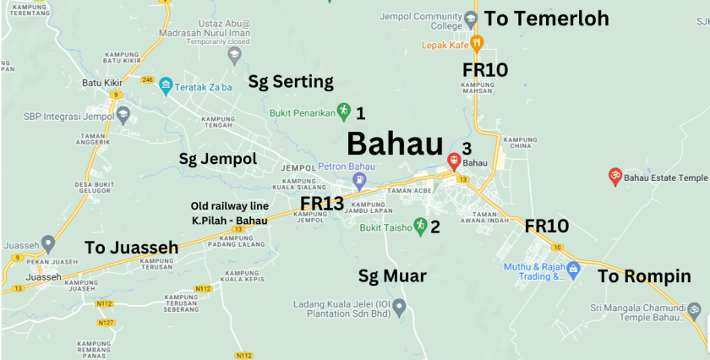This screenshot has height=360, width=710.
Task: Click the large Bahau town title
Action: pyautogui.click(x=396, y=141)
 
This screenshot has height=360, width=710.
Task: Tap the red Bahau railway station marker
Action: pyautogui.click(x=454, y=161)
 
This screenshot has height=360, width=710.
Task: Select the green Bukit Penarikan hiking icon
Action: pyautogui.click(x=344, y=111)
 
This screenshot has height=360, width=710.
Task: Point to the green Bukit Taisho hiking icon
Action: pyautogui.click(x=419, y=225)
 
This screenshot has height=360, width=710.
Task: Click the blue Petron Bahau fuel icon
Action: pyautogui.click(x=359, y=179)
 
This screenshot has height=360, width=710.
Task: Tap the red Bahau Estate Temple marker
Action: pyautogui.click(x=615, y=176)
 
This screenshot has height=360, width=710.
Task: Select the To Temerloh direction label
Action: pyautogui.click(x=546, y=19)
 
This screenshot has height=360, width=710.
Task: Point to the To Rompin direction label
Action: pyautogui.click(x=644, y=276)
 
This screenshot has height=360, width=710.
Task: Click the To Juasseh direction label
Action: pyautogui.click(x=133, y=248)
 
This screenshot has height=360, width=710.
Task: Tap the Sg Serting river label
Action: pyautogui.click(x=291, y=82)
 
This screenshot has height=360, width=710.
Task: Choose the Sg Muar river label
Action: pyautogui.click(x=392, y=275)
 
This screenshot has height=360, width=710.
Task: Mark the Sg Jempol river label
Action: pyautogui.click(x=218, y=159)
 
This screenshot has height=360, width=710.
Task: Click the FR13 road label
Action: pyautogui.click(x=322, y=203)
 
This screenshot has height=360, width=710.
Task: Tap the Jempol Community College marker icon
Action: pyautogui.click(x=472, y=16)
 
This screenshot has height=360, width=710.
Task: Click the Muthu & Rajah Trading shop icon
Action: pyautogui.click(x=574, y=270)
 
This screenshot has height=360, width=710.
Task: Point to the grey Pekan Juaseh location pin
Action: pyautogui.click(x=48, y=244)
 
